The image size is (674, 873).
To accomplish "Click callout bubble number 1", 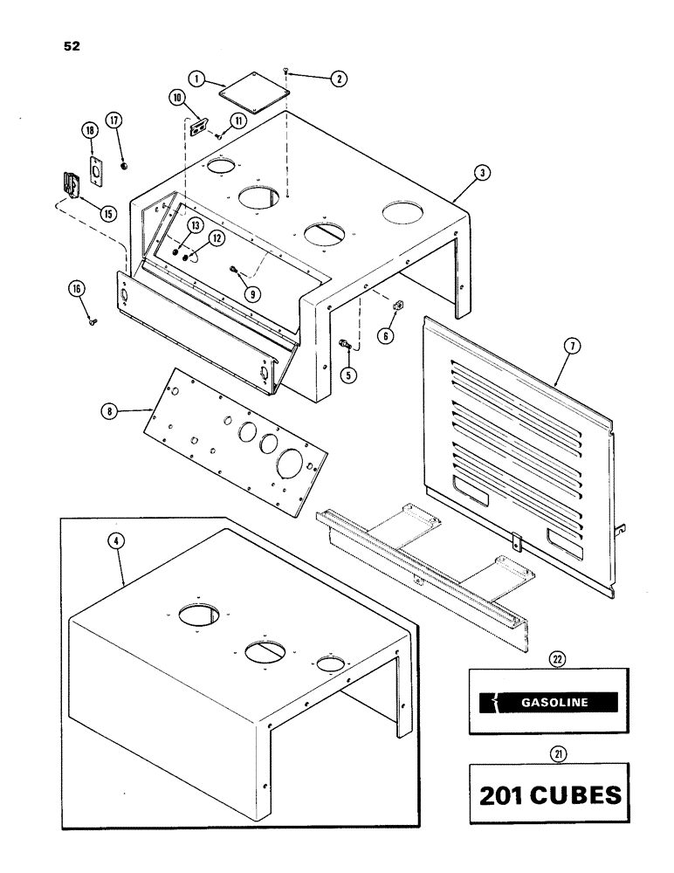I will point(199,78).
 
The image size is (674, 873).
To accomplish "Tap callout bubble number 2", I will point(339,79).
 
